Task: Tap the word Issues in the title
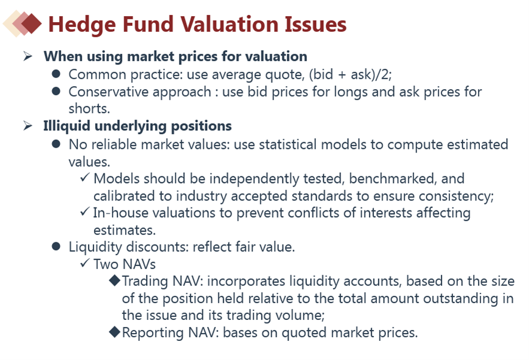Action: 315,25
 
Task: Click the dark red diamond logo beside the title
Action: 31,23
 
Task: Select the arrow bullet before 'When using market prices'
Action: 28,56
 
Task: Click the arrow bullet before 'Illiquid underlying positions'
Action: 28,126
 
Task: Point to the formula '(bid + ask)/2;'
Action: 350,75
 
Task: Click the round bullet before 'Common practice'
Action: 56,74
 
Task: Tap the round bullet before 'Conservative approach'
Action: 56,91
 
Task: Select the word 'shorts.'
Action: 89,109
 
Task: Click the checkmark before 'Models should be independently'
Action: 85,177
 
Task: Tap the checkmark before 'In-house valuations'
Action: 85,212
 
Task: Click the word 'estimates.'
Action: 124,230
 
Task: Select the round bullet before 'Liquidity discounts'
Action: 56,246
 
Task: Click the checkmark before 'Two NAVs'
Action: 85,263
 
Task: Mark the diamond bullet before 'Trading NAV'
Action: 115,281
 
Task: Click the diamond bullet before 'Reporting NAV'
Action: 115,332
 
